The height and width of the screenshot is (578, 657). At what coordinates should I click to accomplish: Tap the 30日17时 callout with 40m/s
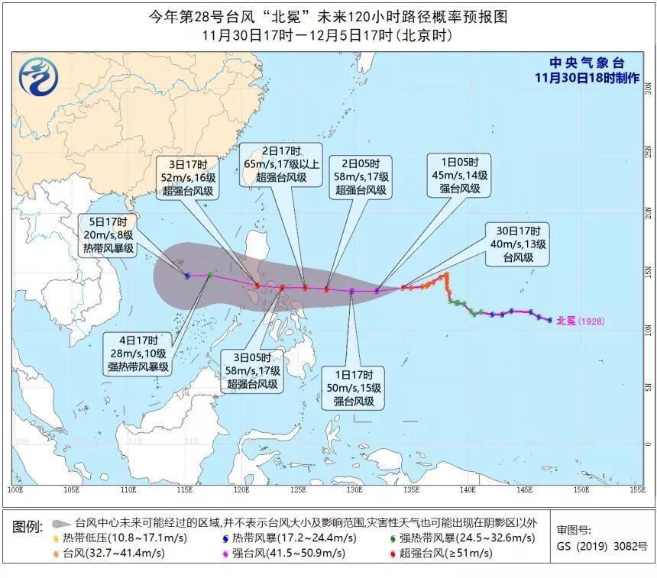tap(519, 244)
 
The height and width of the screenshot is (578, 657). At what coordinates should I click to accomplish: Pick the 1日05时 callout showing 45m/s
tap(464, 175)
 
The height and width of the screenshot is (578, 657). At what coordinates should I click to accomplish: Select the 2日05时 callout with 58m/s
tap(360, 176)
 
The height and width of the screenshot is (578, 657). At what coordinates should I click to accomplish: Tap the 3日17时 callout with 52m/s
tap(188, 177)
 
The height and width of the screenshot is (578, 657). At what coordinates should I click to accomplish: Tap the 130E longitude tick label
tap(354, 489)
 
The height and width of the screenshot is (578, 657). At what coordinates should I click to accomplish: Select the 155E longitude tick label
tap(636, 489)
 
